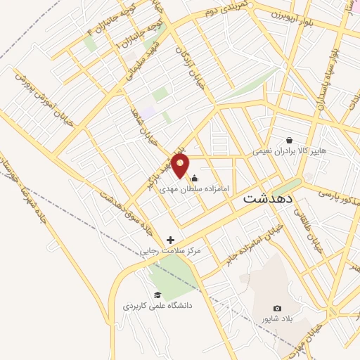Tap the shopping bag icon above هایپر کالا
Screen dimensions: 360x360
point(290,139)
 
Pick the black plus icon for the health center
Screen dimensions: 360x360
point(170,240)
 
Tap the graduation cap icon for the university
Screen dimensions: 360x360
point(157,295)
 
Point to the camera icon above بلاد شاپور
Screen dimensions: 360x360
point(277,309)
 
